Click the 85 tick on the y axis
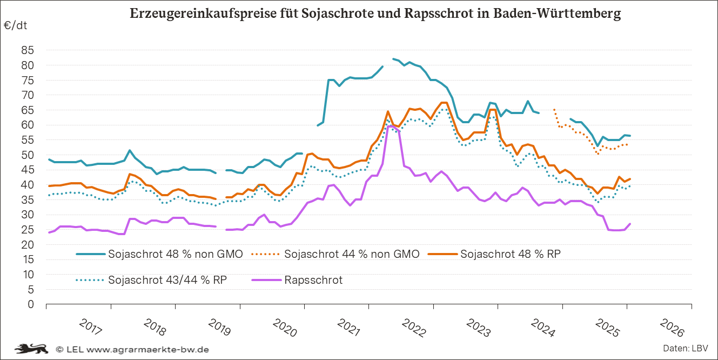click(28, 50)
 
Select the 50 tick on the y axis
click(28, 155)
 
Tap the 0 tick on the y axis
click(31, 304)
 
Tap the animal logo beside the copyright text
click(32, 349)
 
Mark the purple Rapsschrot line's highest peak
click(390, 126)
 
